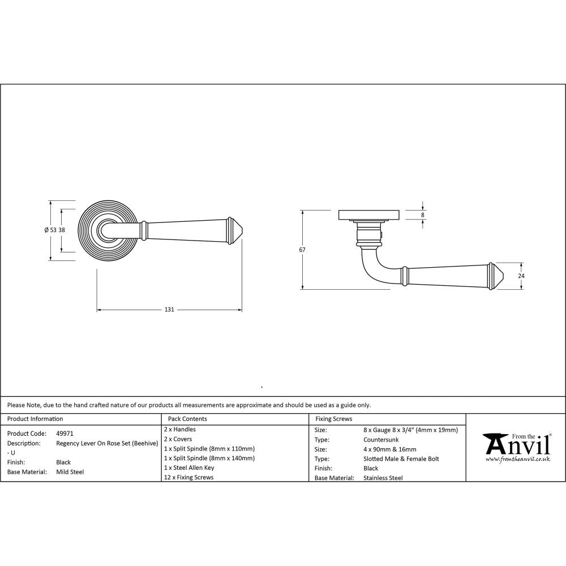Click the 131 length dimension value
169,310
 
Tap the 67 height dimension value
302,250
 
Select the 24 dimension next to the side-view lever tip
521,276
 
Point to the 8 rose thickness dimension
422,215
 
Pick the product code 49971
65,433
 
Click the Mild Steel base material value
70,471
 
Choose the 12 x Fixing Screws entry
188,477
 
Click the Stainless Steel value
383,478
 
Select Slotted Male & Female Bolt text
401,458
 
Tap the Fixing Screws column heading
333,419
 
